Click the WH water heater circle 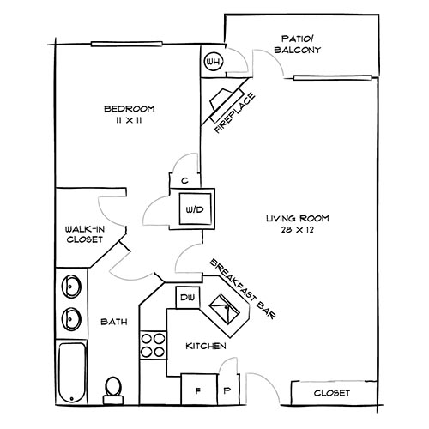pos(213,63)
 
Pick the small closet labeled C pos(184,180)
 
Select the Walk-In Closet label pos(84,234)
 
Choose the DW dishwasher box pos(187,298)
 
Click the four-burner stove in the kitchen pos(153,345)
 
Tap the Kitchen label pos(206,346)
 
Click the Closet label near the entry pos(333,392)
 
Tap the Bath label pos(114,323)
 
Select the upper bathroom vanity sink pos(70,286)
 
